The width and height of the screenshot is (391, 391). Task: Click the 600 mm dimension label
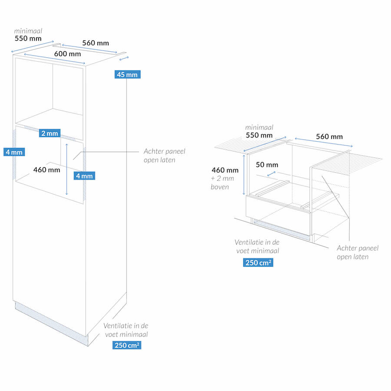[67, 54]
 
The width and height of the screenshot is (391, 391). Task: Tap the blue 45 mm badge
[127, 74]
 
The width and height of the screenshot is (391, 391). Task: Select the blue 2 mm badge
[49, 133]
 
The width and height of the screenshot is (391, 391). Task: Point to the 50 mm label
[267, 165]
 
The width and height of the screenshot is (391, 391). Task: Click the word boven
[220, 187]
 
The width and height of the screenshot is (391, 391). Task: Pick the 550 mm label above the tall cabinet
[27, 38]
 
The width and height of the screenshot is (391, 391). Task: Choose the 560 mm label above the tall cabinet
[96, 43]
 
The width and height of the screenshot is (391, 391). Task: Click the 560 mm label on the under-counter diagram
[329, 136]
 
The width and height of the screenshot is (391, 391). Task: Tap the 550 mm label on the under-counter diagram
[259, 135]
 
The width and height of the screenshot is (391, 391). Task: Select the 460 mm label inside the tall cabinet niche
[46, 169]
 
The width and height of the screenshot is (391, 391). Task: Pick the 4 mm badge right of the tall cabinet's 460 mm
[84, 176]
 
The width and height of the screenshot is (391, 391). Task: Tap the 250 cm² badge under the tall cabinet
[126, 345]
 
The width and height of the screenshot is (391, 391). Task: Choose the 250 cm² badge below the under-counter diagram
[258, 262]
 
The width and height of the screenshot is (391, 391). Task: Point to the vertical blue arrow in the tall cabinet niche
[66, 169]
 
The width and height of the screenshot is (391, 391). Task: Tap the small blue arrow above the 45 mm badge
[124, 58]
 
